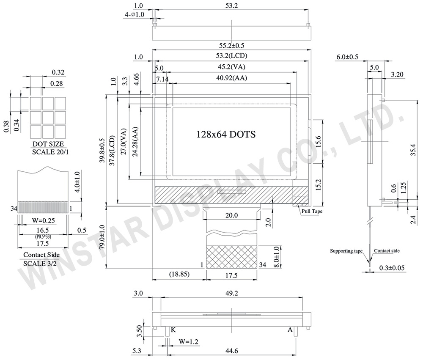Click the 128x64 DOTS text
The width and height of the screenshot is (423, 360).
pos(226,134)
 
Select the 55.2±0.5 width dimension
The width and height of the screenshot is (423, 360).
pos(231,45)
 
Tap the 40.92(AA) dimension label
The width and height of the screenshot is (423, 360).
pos(231,78)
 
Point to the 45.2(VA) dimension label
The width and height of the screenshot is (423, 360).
pos(231,67)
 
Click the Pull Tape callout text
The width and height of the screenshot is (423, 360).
pos(312,211)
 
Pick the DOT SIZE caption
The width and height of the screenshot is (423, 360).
pos(48,144)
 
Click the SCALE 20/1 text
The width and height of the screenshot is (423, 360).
pos(50,152)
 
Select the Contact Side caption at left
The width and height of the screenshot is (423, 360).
pos(41,255)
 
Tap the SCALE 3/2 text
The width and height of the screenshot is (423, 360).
pos(40,264)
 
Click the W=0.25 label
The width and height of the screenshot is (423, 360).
pos(43,220)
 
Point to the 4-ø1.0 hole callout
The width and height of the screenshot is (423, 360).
pos(135,14)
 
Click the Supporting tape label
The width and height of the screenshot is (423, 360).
pos(346,251)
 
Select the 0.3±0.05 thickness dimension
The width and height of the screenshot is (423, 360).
pos(392,268)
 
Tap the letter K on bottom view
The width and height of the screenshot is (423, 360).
pos(173,330)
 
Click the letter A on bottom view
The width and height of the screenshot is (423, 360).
pos(290,330)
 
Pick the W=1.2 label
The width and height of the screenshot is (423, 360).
pos(188,342)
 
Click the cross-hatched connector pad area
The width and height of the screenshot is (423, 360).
pos(231,257)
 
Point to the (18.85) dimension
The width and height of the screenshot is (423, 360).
pos(179,274)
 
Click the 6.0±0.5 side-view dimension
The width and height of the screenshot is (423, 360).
pos(347,57)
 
